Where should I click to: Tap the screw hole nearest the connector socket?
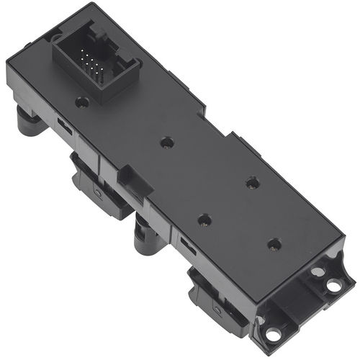coord(83,102)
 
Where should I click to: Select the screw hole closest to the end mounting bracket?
coord(274,244)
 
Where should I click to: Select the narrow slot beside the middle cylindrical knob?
coord(187,246)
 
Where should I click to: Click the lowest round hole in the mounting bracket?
coord(273,333)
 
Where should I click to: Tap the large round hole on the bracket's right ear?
coord(334,285)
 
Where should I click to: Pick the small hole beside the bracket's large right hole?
coord(316,272)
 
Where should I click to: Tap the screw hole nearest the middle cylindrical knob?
coord(204,219)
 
